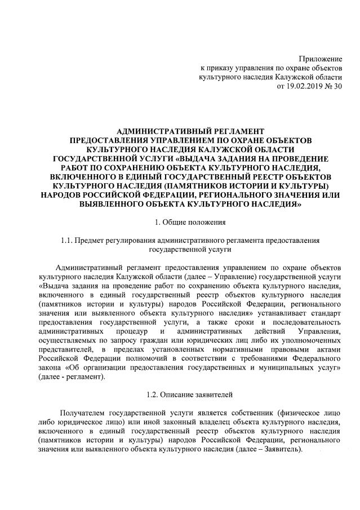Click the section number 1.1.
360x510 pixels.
click(69, 240)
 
